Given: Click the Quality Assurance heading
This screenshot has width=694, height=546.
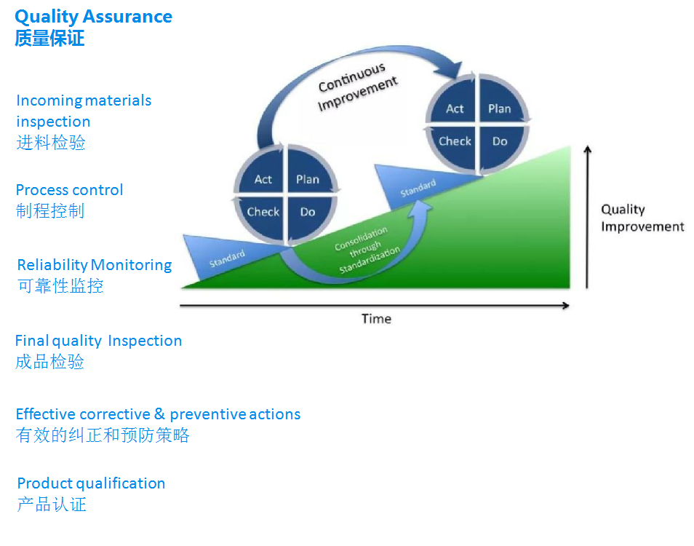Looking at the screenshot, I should pyautogui.click(x=94, y=16).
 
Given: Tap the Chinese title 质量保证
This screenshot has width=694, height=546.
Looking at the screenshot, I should pyautogui.click(x=49, y=39).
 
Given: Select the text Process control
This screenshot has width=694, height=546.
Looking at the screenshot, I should pyautogui.click(x=69, y=190).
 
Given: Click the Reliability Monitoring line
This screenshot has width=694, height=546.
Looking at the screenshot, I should pyautogui.click(x=94, y=265).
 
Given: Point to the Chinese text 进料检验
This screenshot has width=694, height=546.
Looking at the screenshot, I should pyautogui.click(x=51, y=143).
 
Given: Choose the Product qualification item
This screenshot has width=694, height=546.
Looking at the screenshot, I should pyautogui.click(x=91, y=483).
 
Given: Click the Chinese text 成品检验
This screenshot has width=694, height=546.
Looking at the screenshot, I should pyautogui.click(x=49, y=362).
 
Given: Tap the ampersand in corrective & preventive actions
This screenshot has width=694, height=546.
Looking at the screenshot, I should pyautogui.click(x=160, y=414).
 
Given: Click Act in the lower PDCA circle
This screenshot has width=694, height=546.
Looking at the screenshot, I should pyautogui.click(x=263, y=180).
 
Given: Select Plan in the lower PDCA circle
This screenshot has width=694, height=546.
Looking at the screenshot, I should pyautogui.click(x=308, y=180).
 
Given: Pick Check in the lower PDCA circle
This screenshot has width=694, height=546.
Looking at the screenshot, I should pyautogui.click(x=263, y=212).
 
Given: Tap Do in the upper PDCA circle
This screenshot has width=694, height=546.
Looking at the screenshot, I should pyautogui.click(x=499, y=141).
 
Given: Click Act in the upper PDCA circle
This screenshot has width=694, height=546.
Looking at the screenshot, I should pyautogui.click(x=455, y=109).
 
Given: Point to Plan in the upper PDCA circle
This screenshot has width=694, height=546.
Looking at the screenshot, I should pyautogui.click(x=499, y=109).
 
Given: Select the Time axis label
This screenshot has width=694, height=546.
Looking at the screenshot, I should pyautogui.click(x=376, y=319).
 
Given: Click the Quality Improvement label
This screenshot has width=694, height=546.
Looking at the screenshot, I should pyautogui.click(x=642, y=218).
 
